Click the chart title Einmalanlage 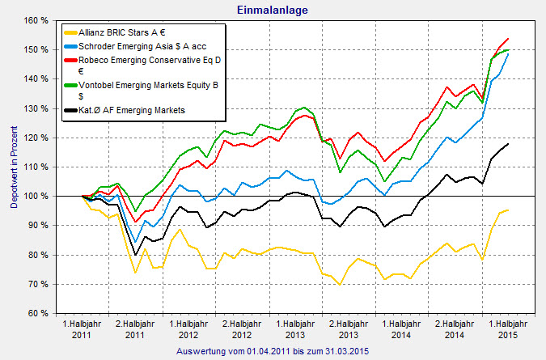(273, 10)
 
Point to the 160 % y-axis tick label (35, 20)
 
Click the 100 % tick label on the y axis (35, 196)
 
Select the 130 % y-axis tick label (35, 108)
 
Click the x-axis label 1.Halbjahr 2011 (82, 328)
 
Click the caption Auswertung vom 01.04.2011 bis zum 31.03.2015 (273, 351)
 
